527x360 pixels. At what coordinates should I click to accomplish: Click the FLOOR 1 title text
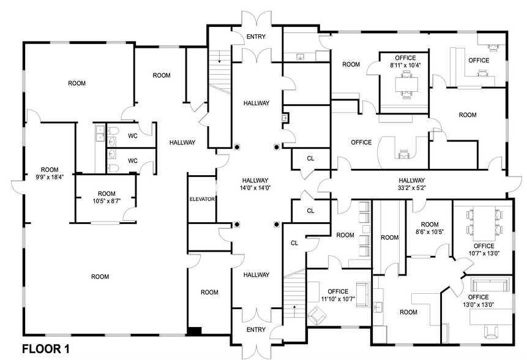pyautogui.click(x=46, y=350)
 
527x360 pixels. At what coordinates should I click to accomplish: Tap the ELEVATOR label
pyautogui.click(x=202, y=200)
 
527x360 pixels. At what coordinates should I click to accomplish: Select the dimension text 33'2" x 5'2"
pyautogui.click(x=412, y=188)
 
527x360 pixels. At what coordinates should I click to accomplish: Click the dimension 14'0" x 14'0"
pyautogui.click(x=256, y=188)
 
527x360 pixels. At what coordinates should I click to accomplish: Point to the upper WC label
pyautogui.click(x=132, y=136)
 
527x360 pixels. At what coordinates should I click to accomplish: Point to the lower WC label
pyautogui.click(x=132, y=161)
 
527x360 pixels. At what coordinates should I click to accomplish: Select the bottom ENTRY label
pyautogui.click(x=256, y=330)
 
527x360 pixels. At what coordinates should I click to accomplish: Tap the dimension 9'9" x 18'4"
pyautogui.click(x=49, y=176)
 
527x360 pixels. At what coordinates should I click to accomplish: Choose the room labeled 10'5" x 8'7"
pyautogui.click(x=107, y=197)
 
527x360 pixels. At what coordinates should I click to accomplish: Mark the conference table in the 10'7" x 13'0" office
pyautogui.click(x=482, y=223)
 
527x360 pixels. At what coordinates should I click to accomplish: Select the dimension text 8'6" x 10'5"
pyautogui.click(x=430, y=232)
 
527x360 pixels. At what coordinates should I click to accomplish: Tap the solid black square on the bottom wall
pyautogui.click(x=194, y=331)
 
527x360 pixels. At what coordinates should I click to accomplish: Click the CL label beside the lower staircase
pyautogui.click(x=294, y=243)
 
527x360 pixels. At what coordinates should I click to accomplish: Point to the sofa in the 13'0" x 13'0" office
pyautogui.click(x=492, y=285)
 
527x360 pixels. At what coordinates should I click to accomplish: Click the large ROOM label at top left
pyautogui.click(x=77, y=83)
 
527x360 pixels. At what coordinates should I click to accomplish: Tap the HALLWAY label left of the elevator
pyautogui.click(x=182, y=143)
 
